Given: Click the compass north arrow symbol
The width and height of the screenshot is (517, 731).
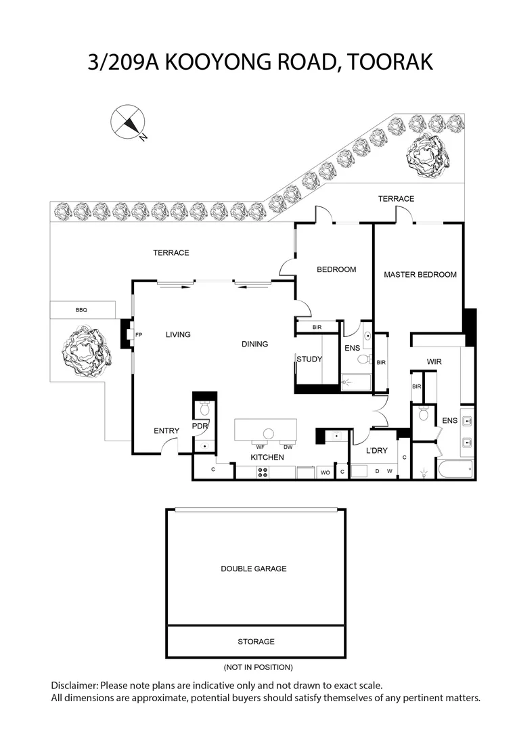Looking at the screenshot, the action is [128, 122].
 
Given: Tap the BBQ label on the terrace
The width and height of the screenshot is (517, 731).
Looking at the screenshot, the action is [82, 310].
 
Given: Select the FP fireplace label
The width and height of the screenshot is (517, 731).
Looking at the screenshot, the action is [139, 335].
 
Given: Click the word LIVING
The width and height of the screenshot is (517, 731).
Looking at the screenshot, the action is [178, 334].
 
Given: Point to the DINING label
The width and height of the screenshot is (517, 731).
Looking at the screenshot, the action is [254, 344].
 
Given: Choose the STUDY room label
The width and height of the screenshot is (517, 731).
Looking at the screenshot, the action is [309, 359].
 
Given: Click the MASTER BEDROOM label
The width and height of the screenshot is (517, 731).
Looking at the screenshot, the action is [420, 275].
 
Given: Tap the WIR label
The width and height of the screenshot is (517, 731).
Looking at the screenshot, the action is [434, 361].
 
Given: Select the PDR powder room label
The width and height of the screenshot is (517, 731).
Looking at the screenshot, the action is [200, 426].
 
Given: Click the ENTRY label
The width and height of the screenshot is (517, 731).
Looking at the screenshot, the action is [166, 430].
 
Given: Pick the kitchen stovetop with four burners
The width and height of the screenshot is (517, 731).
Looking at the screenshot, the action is [263, 472].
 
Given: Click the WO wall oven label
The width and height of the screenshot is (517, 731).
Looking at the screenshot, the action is [325, 472].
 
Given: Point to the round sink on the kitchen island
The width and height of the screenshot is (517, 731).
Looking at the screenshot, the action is [268, 434].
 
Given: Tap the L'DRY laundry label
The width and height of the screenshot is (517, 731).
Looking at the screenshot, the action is [376, 450].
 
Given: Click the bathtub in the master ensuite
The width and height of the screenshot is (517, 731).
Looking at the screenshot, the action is [455, 469].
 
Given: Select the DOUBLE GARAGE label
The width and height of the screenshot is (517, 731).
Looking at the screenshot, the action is [254, 569].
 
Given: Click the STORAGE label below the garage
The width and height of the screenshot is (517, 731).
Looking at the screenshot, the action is [256, 642].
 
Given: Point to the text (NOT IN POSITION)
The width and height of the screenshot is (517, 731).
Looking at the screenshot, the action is [258, 667].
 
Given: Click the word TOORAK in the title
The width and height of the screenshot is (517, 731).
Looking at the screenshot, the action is [390, 62].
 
